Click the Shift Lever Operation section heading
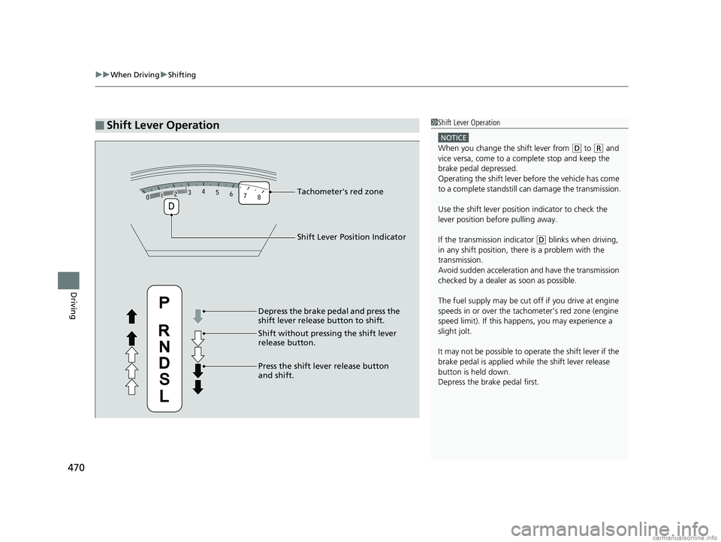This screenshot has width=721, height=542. click(x=164, y=125)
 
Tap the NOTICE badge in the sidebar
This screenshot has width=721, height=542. click(x=454, y=137)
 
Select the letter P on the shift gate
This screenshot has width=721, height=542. click(x=164, y=302)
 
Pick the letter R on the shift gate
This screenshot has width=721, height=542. click(x=164, y=330)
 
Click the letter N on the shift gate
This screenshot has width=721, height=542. click(x=164, y=347)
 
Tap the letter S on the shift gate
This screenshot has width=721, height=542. click(x=164, y=380)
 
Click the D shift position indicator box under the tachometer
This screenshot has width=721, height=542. click(x=171, y=206)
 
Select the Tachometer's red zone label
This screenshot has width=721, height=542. click(x=339, y=192)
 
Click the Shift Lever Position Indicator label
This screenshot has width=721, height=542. click(x=351, y=237)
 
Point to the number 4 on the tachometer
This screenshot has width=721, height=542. click(x=204, y=191)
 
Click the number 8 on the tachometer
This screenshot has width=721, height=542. click(x=259, y=198)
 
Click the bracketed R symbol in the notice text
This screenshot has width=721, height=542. click(x=598, y=149)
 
